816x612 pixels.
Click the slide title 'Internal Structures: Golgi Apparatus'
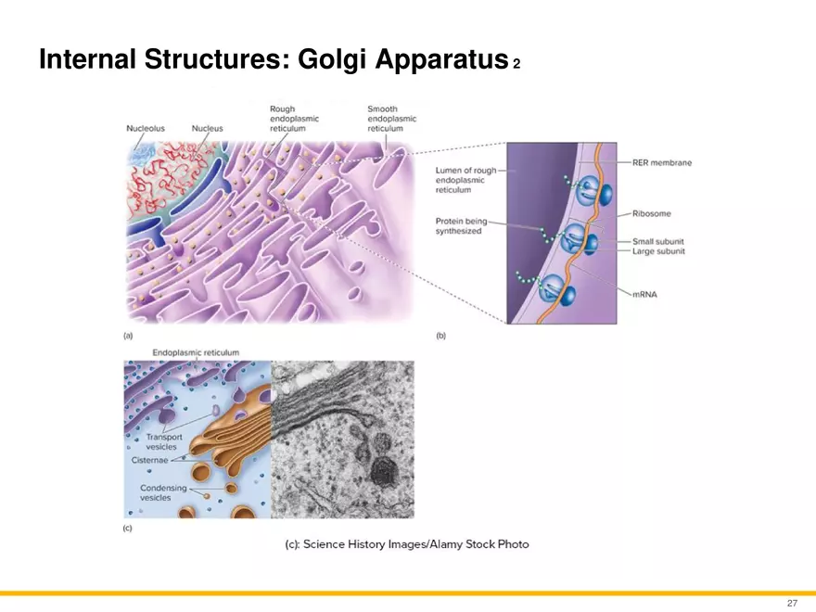point(274,58)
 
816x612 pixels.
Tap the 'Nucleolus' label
point(146,128)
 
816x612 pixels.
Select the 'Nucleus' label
point(207,128)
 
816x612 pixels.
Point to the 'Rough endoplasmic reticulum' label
point(294,119)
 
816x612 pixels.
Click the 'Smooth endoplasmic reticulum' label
point(392,119)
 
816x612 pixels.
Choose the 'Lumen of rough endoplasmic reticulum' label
point(465,180)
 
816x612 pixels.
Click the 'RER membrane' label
point(662,162)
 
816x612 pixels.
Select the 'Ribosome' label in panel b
point(652,213)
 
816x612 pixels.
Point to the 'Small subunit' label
point(657,241)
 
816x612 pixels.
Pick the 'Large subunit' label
point(658,251)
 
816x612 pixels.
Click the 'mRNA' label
point(644,295)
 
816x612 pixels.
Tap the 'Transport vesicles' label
point(163,441)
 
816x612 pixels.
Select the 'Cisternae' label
point(150,460)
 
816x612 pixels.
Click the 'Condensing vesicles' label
point(163,492)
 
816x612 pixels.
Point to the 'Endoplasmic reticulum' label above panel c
point(196,352)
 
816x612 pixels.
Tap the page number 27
point(792,603)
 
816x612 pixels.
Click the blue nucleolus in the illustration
point(142,155)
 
